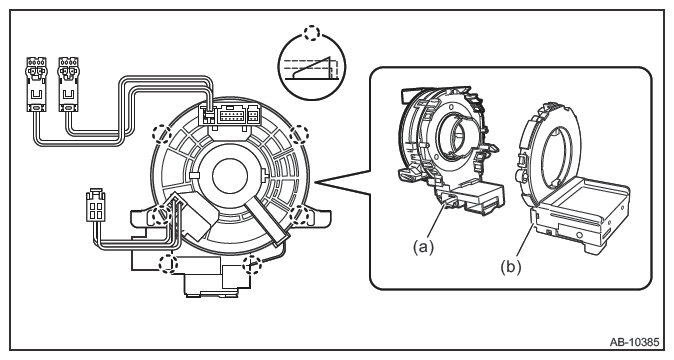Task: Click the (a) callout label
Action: [423, 247]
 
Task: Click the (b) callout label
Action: [511, 267]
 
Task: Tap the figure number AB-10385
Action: [634, 342]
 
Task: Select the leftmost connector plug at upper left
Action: [37, 83]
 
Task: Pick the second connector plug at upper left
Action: [68, 83]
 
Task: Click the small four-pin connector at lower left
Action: [95, 204]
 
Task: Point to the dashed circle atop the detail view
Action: [311, 33]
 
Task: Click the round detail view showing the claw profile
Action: [312, 67]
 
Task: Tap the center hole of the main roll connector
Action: [230, 176]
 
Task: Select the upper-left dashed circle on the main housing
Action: [162, 134]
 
